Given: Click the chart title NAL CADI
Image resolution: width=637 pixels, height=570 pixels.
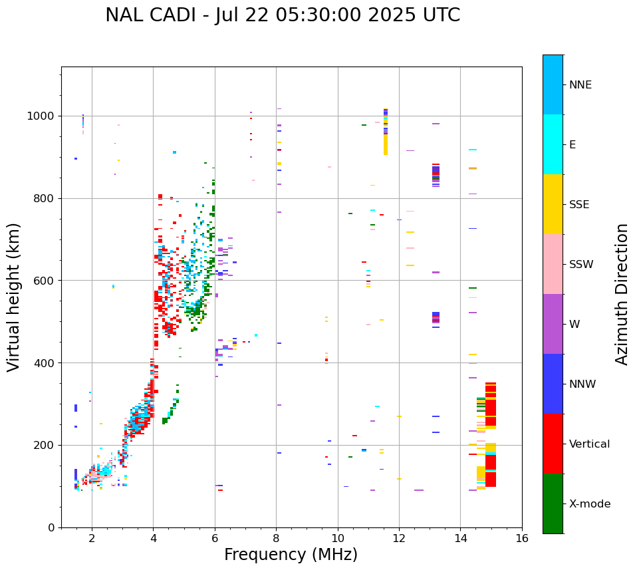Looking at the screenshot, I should click(x=153, y=15).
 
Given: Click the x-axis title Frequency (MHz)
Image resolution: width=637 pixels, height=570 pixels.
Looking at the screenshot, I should click(x=291, y=555).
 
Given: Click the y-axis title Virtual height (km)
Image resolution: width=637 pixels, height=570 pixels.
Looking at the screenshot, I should click(x=14, y=297).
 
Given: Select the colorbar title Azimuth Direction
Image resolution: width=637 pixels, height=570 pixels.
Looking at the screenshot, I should click(x=622, y=294).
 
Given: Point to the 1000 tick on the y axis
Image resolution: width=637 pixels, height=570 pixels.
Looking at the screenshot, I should click(x=45, y=116).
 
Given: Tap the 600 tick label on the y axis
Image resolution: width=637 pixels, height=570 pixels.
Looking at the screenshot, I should click(x=48, y=281).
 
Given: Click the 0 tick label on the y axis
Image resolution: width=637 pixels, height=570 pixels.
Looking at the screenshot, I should click(x=52, y=527).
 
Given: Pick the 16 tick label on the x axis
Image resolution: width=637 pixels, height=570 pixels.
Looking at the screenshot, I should click(x=521, y=537).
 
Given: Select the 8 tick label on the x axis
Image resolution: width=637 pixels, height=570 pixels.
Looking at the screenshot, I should click(x=276, y=537).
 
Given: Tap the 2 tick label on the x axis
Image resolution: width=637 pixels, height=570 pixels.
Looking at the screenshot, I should click(x=92, y=537).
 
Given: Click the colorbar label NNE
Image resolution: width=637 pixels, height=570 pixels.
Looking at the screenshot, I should click(x=580, y=85).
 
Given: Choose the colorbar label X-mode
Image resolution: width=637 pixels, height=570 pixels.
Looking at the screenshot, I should click(x=589, y=504).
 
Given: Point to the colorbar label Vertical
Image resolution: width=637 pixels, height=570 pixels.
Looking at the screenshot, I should click(x=589, y=444).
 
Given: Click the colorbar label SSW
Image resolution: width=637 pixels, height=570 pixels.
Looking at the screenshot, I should click(x=581, y=265).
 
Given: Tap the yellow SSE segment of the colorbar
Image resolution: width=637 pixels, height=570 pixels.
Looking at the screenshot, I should click(x=553, y=204).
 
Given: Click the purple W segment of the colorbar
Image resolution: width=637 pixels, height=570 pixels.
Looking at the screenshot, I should click(x=553, y=324).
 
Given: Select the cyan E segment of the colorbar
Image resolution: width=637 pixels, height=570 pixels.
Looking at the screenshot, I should click(x=553, y=144).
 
